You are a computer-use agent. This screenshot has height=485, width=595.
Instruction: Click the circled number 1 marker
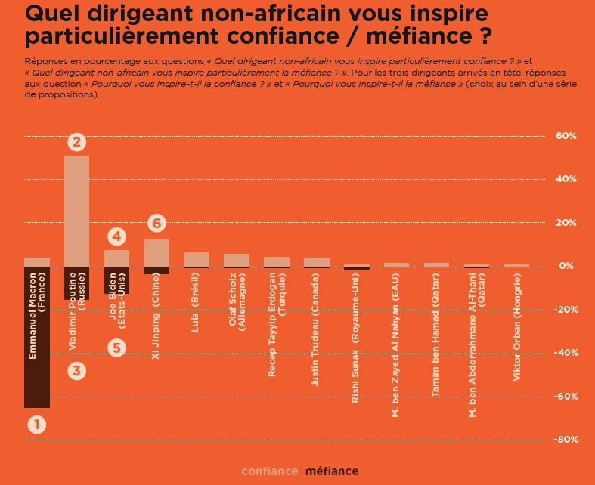click(37, 425)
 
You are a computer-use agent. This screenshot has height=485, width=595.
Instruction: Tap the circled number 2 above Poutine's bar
click(77, 141)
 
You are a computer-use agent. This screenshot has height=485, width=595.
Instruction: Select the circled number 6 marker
click(156, 223)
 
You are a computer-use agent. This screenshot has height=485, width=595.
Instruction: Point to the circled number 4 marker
click(116, 236)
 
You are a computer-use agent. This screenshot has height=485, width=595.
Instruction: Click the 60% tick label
click(566, 136)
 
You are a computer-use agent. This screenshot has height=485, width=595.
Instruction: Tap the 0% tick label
click(567, 266)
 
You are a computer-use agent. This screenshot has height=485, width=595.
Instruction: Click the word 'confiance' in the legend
click(270, 471)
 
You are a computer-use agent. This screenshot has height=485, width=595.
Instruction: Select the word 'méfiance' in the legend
click(332, 471)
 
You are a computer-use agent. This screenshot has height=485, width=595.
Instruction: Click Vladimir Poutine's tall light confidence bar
click(77, 211)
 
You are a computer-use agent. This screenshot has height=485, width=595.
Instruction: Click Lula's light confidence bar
click(197, 259)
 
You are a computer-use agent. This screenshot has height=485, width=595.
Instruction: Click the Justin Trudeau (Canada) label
click(315, 331)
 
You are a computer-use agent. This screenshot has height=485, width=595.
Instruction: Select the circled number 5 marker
click(116, 348)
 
